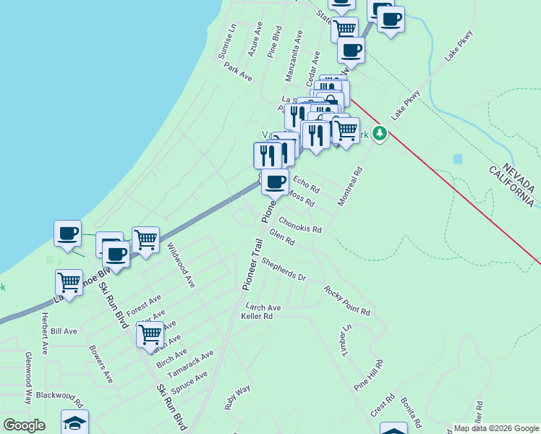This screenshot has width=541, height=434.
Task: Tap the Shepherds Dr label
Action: point(284,268)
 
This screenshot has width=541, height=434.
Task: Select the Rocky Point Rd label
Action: point(347,301)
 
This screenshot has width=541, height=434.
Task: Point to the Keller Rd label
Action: point(257,316)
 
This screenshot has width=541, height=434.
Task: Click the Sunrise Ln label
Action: point(227,41)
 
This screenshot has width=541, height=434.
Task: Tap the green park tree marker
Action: point(380,133)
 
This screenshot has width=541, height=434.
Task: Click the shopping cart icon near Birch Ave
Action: point(150,334)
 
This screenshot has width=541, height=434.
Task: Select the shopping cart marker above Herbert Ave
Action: point(69,281)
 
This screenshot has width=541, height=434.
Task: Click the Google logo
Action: point(24,425)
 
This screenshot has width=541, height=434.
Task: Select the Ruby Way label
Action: point(237,398)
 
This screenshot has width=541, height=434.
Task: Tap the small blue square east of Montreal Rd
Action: point(457,158)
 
